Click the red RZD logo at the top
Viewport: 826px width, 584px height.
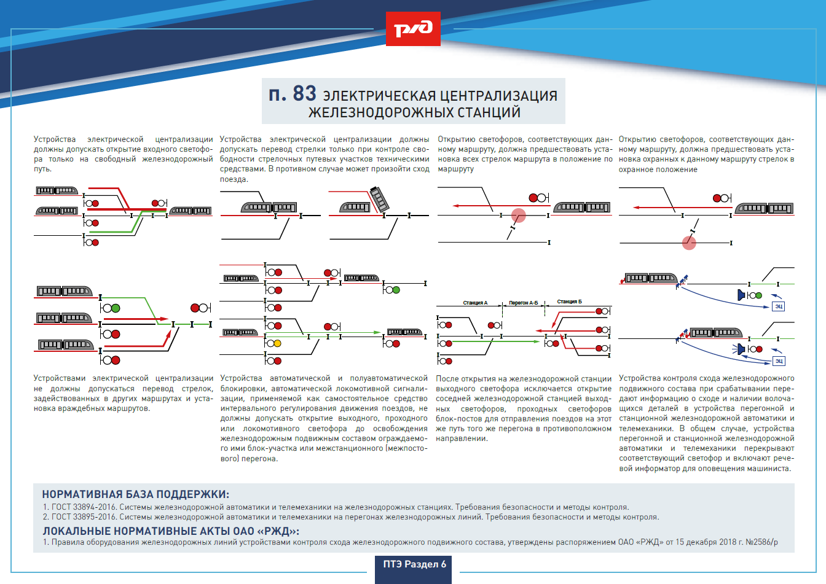pyautogui.click(x=413, y=29)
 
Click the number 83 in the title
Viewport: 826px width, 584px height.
pyautogui.click(x=304, y=93)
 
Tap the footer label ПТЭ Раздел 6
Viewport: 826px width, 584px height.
pyautogui.click(x=414, y=564)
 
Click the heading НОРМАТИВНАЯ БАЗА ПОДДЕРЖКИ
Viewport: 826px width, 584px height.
pyautogui.click(x=135, y=494)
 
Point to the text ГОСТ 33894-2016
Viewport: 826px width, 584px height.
pyautogui.click(x=84, y=507)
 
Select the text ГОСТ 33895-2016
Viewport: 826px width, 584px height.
pyautogui.click(x=84, y=517)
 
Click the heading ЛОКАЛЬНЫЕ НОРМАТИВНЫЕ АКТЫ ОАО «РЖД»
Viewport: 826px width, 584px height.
pyautogui.click(x=171, y=531)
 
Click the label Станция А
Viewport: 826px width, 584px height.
pyautogui.click(x=475, y=303)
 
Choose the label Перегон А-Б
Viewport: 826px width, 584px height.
pyautogui.click(x=523, y=303)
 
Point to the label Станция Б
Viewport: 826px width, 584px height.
pyautogui.click(x=569, y=302)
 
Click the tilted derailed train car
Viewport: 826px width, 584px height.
pyautogui.click(x=379, y=199)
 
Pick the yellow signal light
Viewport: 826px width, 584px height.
pyautogui.click(x=277, y=344)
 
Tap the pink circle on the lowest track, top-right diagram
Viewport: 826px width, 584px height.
pyautogui.click(x=689, y=243)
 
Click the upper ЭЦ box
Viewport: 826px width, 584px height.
pyautogui.click(x=778, y=306)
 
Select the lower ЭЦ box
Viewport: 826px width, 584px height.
pyautogui.click(x=779, y=360)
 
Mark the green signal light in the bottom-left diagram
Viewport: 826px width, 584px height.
pyautogui.click(x=116, y=308)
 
